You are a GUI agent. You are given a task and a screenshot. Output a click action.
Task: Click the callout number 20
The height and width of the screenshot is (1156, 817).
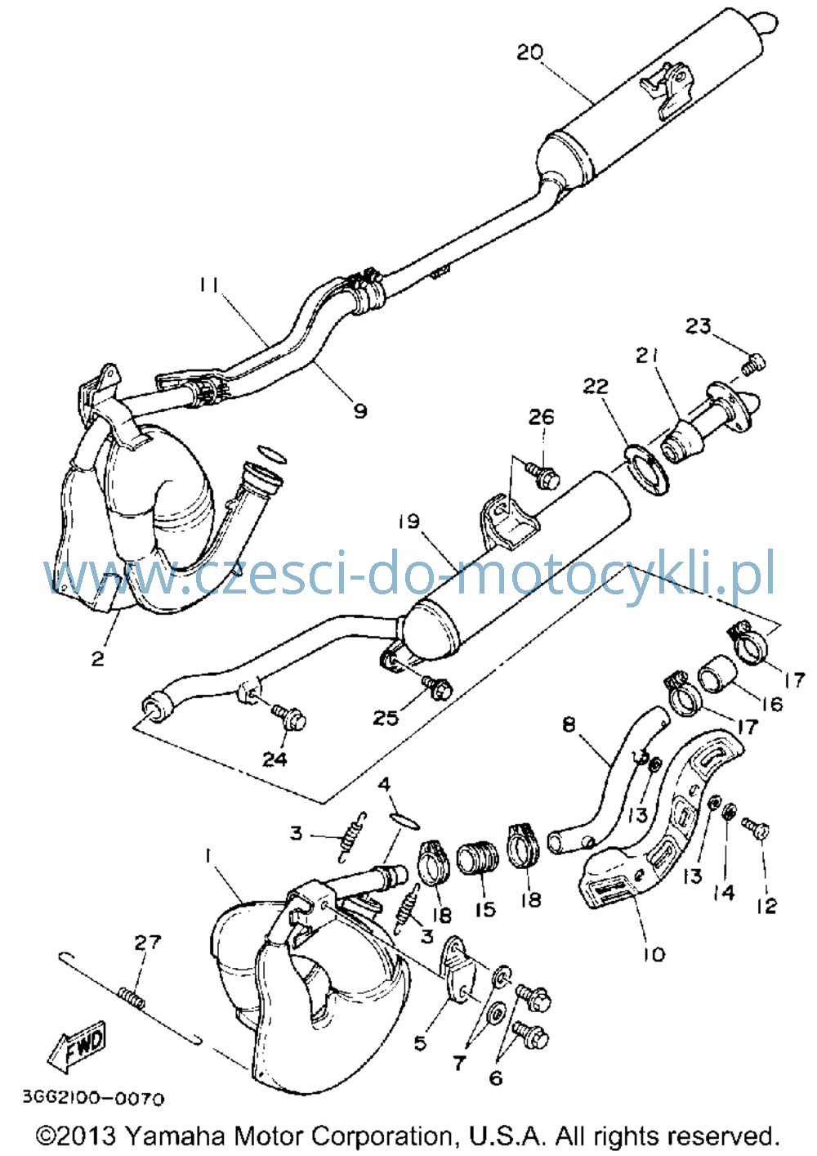pos(530,52)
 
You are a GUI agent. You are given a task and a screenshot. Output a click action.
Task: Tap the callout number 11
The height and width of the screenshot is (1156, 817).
pos(209,285)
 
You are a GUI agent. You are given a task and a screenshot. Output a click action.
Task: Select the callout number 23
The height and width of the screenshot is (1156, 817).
pos(698,326)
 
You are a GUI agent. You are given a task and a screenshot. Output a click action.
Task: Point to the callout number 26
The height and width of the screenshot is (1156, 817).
pos(541,416)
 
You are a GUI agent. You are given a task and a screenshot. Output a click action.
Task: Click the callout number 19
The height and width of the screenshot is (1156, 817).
pos(408,522)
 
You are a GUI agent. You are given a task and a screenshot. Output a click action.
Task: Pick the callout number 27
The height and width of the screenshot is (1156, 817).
pos(148,943)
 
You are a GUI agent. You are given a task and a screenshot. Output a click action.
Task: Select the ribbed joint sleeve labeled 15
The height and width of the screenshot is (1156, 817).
pos(478,866)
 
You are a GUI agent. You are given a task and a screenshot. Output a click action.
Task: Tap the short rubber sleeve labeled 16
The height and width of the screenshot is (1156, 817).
pos(717,673)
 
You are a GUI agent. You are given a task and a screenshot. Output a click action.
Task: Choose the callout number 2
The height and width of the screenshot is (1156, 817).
pos(97,658)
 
